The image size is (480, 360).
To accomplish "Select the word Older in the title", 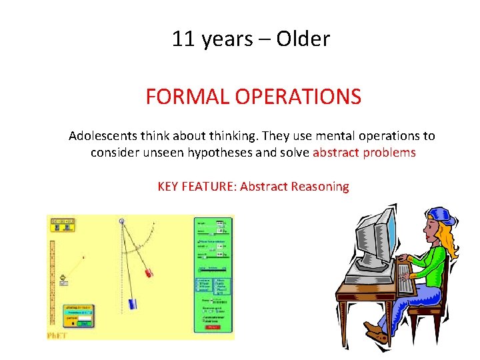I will pos(303,39).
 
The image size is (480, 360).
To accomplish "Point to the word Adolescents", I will pos(103,136).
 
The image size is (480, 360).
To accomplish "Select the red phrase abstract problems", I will pos(364,153).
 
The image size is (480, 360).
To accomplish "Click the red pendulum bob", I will pos(149,272).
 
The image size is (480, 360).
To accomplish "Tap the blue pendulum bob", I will pos(133,303).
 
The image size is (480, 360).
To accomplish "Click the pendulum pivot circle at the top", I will pos(121,221).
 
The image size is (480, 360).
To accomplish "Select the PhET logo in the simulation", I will pos(57,335).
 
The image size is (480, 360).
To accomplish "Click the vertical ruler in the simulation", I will pos(53,280).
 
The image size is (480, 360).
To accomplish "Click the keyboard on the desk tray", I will pos(403,279).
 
